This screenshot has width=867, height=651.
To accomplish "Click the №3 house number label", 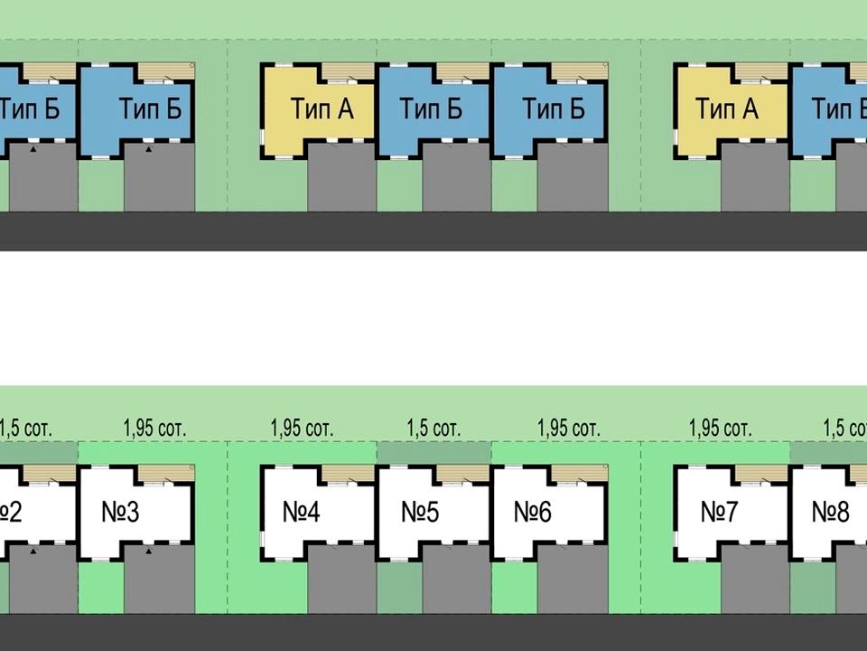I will (x=121, y=513).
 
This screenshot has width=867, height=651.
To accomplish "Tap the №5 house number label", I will (x=420, y=513).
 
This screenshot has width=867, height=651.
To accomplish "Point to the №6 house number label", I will (x=533, y=513).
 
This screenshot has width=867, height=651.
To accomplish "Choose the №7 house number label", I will (x=720, y=513).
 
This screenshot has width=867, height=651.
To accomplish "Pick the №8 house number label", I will (x=830, y=513).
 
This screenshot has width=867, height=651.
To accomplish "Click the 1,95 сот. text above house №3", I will (x=154, y=428).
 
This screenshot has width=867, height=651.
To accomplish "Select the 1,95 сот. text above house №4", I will (x=302, y=428).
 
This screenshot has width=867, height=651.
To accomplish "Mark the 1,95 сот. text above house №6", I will (x=568, y=428).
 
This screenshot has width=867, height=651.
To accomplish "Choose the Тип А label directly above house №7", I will (x=726, y=109).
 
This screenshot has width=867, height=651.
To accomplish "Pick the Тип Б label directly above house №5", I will (x=432, y=109).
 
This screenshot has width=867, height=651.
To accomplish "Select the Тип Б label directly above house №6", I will (x=554, y=109).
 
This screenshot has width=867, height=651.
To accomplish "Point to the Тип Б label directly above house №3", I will (x=150, y=109).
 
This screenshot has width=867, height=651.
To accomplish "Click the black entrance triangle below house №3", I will (x=148, y=549).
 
